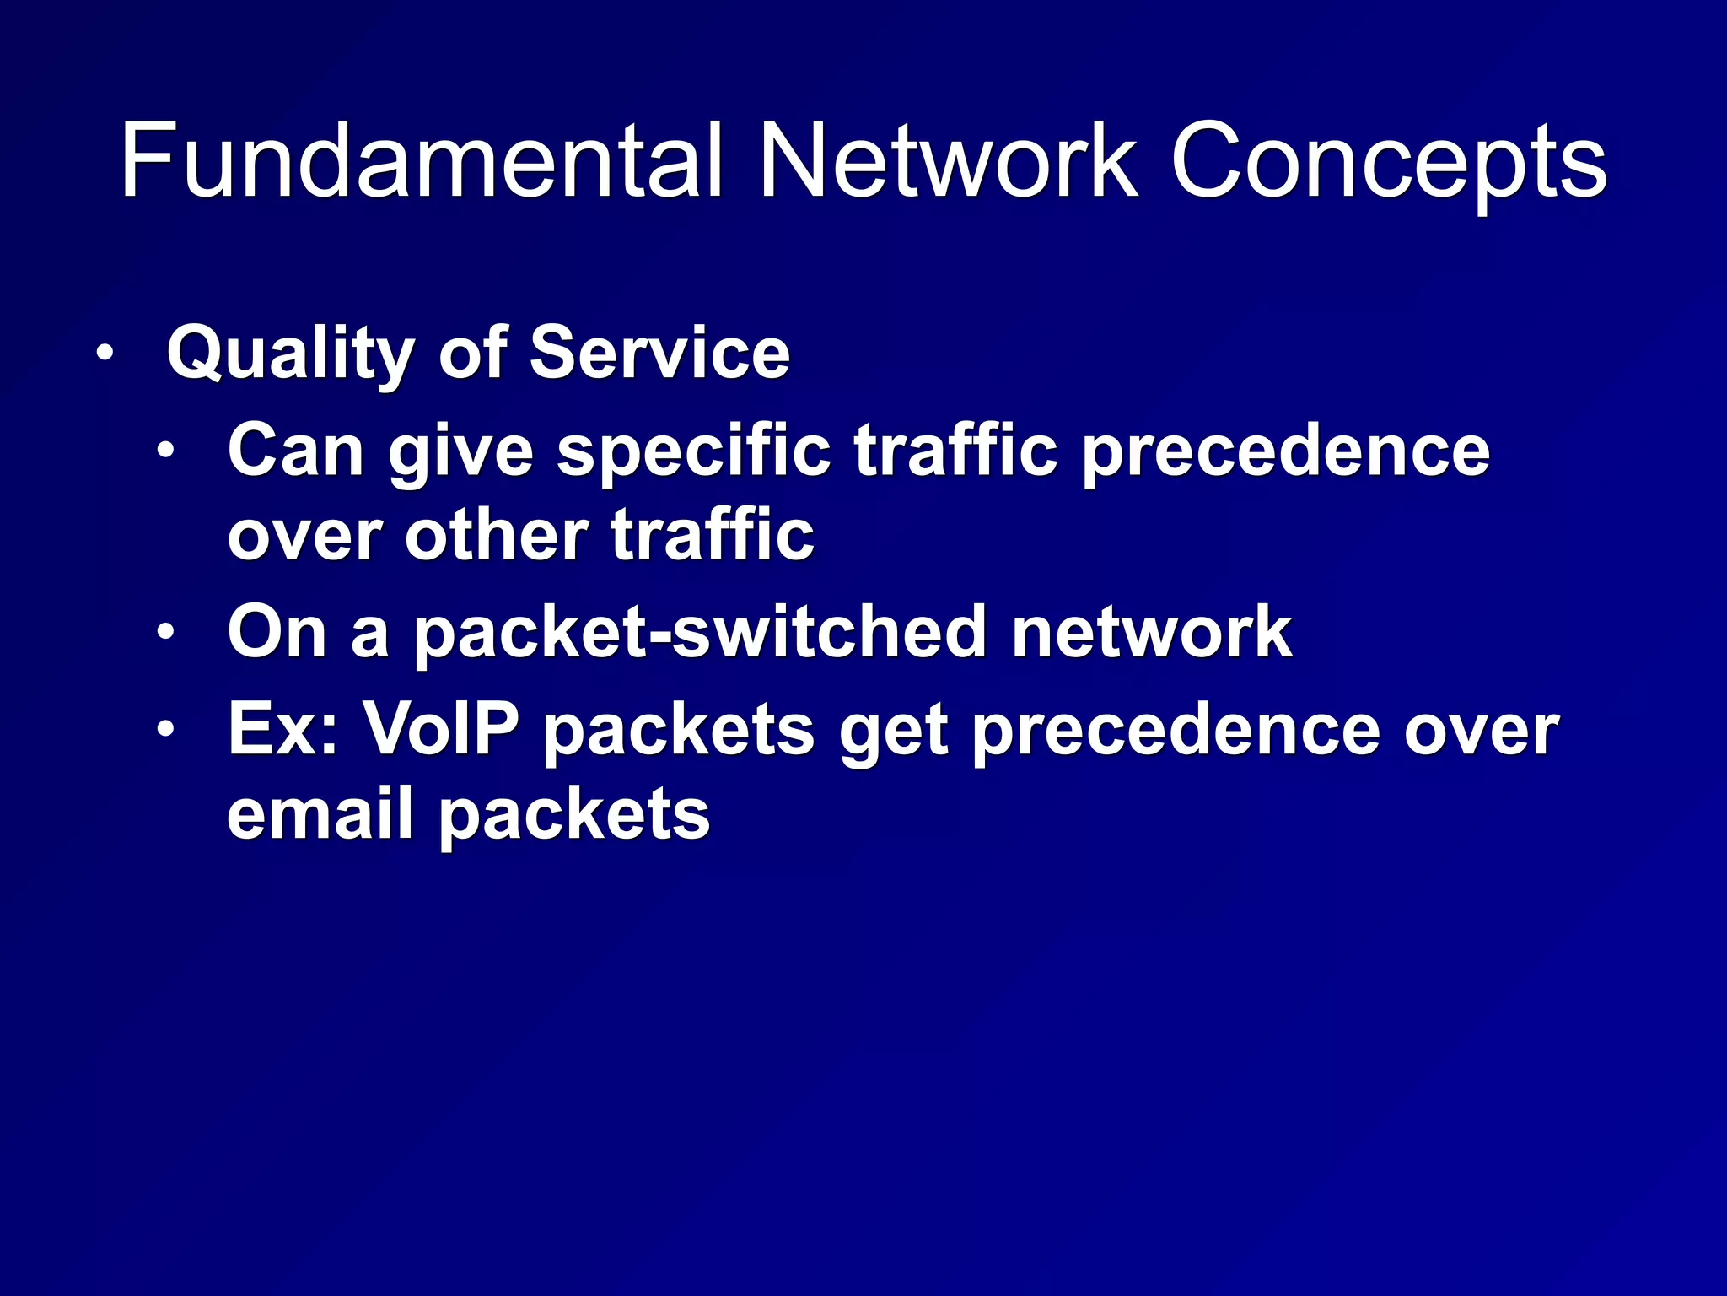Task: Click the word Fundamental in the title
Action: click(x=421, y=160)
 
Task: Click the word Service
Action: click(x=659, y=353)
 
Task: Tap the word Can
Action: click(x=295, y=451)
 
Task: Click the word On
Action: click(x=277, y=632)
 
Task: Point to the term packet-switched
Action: click(x=699, y=634)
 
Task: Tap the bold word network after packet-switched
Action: click(x=1151, y=632)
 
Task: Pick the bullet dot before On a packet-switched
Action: click(x=165, y=632)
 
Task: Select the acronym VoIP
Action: click(x=440, y=729)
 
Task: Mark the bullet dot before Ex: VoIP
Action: click(x=165, y=729)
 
